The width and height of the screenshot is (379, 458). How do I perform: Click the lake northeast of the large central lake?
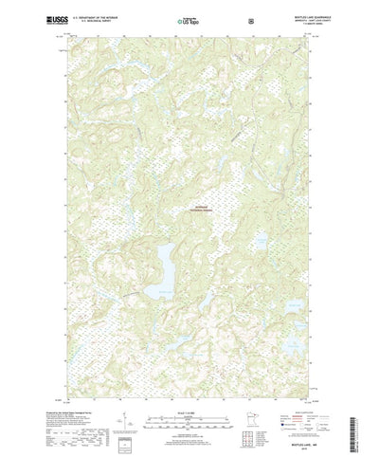[257, 244]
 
